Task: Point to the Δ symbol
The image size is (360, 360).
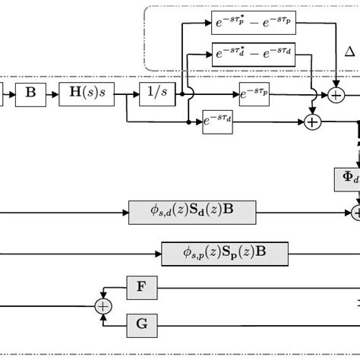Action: (349, 52)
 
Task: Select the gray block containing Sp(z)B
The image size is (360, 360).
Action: (224, 251)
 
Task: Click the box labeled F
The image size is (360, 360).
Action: (141, 287)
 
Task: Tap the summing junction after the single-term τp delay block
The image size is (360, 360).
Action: (334, 96)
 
